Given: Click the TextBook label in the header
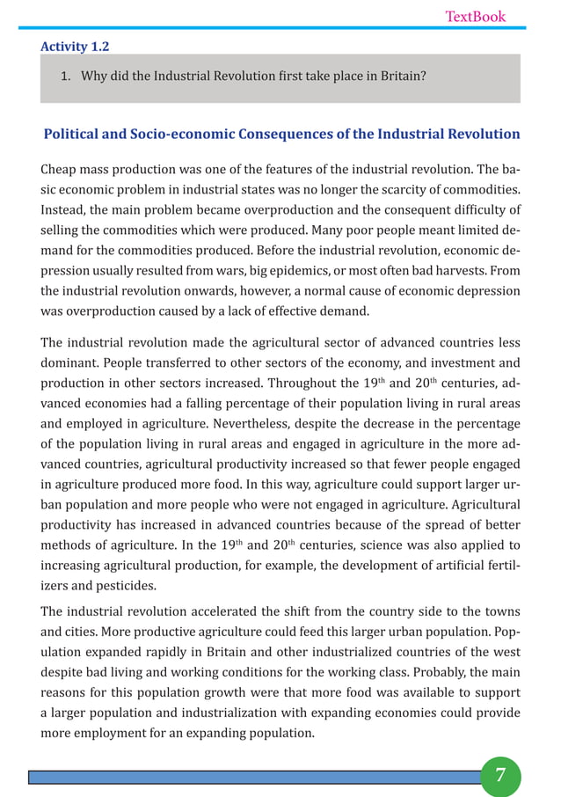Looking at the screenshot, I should (475, 16).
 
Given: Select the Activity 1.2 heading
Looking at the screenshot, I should (75, 47).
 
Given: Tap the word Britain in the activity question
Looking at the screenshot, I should (399, 76).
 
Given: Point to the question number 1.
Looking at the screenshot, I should (65, 76).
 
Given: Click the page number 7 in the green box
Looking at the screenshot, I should (500, 775).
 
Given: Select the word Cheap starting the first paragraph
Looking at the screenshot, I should (60, 169).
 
